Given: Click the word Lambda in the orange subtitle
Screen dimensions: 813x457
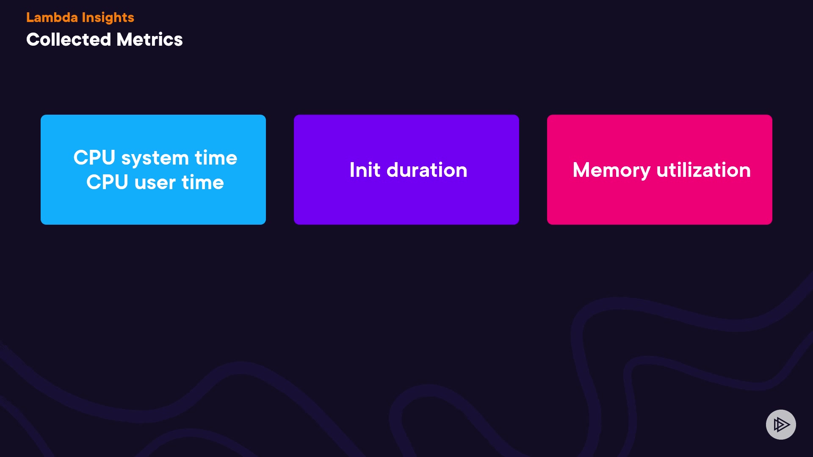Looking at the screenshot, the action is [52, 17].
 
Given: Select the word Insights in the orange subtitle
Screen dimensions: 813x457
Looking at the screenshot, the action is [108, 18].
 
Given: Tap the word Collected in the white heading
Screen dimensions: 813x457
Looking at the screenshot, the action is [69, 39].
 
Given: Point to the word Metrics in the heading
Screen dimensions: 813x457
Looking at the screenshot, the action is [149, 39].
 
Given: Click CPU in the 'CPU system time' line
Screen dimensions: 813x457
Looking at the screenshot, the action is [94, 157].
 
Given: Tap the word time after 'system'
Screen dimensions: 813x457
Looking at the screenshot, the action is [216, 157].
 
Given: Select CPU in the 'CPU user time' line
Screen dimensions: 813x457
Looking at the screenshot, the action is [107, 182].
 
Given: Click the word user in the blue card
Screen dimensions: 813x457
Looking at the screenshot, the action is [155, 183].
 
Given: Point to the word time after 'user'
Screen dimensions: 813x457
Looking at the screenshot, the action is [203, 182].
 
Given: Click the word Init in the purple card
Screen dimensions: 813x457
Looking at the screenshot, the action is [365, 170].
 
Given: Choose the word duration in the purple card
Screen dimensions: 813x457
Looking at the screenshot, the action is [427, 170].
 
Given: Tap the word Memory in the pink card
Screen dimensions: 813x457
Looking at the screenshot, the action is [611, 171].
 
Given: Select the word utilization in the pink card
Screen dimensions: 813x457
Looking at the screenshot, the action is [704, 170].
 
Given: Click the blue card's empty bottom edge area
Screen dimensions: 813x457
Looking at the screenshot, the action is [153, 212].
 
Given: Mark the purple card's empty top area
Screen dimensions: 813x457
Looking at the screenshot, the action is [406, 131].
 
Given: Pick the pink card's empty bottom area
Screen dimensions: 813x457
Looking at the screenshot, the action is [660, 207].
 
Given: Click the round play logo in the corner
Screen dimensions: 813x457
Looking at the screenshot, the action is [781, 424].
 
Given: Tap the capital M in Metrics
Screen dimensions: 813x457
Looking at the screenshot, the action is [126, 39].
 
